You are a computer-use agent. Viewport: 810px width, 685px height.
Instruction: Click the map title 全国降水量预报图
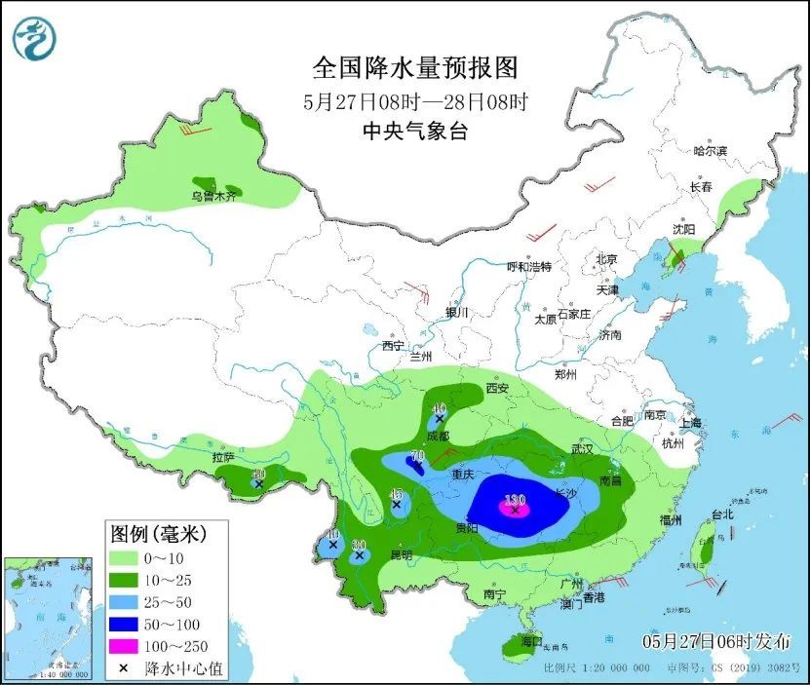tap(414, 68)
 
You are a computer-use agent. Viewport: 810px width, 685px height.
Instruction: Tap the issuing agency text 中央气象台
tap(414, 131)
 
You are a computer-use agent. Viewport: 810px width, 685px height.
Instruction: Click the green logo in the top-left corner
tap(34, 39)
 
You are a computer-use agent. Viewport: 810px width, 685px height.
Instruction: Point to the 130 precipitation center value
tap(515, 500)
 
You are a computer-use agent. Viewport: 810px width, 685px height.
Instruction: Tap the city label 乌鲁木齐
tap(213, 197)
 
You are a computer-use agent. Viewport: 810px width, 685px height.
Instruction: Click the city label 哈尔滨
tap(711, 151)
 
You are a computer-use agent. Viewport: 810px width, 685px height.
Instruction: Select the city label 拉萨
tap(223, 457)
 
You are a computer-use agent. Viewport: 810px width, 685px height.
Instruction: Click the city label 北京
tap(606, 259)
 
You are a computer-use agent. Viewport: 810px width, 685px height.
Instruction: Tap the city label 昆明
tap(401, 554)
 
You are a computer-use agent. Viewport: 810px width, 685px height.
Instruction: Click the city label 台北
tap(721, 514)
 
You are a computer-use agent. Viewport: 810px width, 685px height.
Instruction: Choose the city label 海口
tap(530, 642)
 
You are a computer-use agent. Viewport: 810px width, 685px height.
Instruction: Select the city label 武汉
tap(583, 449)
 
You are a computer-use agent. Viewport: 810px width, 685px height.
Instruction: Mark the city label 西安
tap(497, 388)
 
